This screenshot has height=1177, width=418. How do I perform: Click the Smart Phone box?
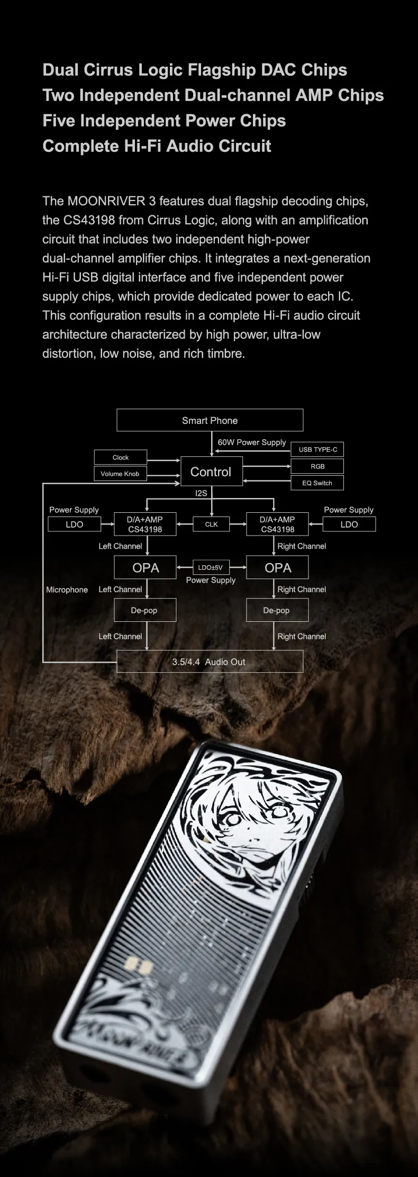[x=210, y=420]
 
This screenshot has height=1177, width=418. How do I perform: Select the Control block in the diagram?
[x=211, y=472]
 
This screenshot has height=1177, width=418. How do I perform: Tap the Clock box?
[x=121, y=457]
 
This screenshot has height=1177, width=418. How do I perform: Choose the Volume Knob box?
[x=120, y=474]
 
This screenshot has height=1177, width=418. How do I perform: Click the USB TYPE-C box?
[x=317, y=449]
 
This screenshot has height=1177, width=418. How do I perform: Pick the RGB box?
[x=317, y=466]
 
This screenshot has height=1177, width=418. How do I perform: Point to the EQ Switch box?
[x=317, y=483]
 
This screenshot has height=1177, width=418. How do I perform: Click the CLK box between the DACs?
[x=211, y=524]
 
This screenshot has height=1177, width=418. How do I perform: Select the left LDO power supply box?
[x=75, y=524]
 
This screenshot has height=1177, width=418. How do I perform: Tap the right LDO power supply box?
[x=349, y=524]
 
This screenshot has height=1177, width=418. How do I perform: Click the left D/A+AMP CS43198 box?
[x=145, y=524]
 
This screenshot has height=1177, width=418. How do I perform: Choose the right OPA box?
[x=277, y=568]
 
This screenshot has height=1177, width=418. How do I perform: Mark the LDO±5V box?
[x=211, y=567]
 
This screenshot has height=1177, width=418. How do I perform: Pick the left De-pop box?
[x=144, y=610]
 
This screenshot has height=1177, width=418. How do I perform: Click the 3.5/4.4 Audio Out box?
[x=210, y=662]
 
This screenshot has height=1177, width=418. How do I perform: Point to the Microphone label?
[x=67, y=590]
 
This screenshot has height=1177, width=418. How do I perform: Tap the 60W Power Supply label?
[x=252, y=442]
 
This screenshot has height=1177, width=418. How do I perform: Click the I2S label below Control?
[x=201, y=493]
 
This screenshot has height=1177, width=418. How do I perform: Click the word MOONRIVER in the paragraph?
[x=106, y=201]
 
